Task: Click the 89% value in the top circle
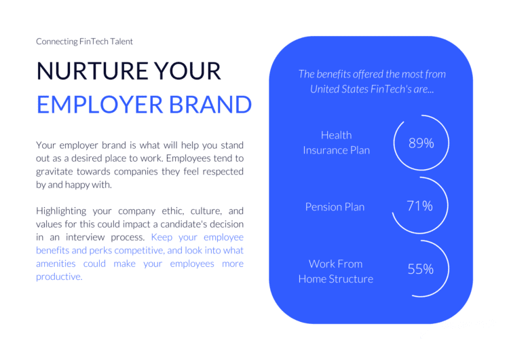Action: tap(421, 143)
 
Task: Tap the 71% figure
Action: tap(419, 206)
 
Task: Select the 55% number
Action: tap(420, 269)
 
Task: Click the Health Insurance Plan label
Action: tap(337, 143)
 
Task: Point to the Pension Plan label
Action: tap(335, 207)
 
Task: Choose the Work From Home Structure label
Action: tap(336, 271)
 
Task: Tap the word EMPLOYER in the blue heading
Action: tap(100, 105)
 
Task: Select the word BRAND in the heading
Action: tap(210, 105)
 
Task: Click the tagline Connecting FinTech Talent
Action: tap(84, 41)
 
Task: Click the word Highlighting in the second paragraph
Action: tap(61, 211)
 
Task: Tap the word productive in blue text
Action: tap(58, 277)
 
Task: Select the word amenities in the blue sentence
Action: tap(56, 264)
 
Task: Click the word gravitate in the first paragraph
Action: tap(54, 172)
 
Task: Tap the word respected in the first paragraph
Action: tap(223, 172)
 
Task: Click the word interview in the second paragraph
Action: tap(86, 237)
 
